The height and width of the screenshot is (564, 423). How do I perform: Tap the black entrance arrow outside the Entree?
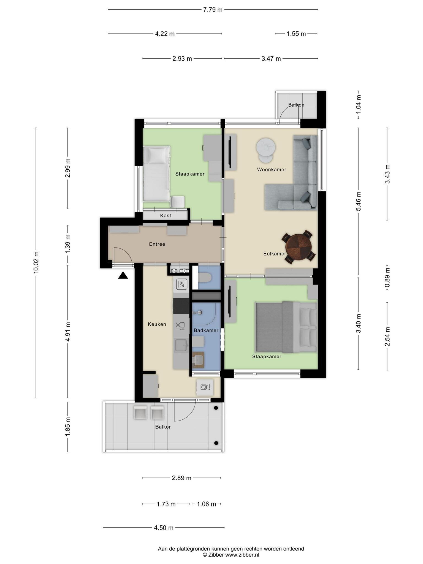[x=123, y=275]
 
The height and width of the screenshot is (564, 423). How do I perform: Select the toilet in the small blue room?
[x=204, y=277]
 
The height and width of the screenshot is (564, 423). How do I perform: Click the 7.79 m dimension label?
[x=213, y=10]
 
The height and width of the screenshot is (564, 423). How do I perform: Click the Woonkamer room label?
[x=272, y=170]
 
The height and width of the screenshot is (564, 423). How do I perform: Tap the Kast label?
[x=166, y=216]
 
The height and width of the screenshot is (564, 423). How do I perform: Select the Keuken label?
[x=157, y=324]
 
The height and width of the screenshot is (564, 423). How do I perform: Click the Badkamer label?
[x=206, y=330]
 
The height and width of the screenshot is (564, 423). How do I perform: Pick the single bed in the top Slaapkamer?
[x=156, y=173]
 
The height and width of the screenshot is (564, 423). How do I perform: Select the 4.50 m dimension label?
[x=164, y=528]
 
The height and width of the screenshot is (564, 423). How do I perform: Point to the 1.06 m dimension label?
[x=207, y=504]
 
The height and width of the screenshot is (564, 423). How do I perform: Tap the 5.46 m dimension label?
[x=358, y=201]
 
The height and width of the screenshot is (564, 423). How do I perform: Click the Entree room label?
[x=157, y=244]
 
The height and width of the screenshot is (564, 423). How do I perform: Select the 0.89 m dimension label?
[x=387, y=281]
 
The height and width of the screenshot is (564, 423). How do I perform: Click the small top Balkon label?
[x=296, y=105]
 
